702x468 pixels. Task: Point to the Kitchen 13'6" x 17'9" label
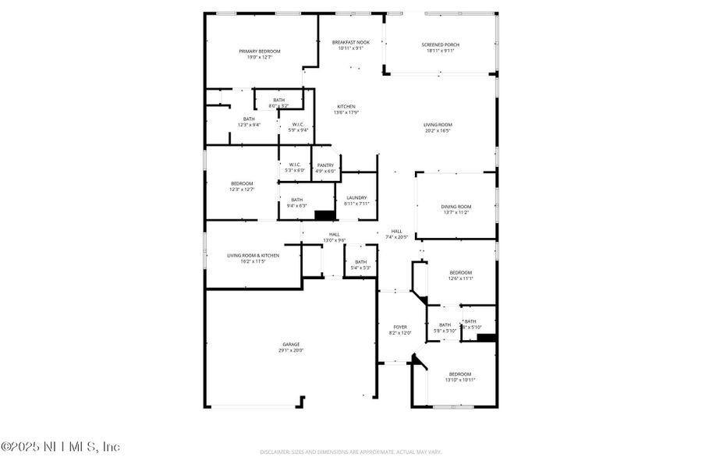click(x=346, y=109)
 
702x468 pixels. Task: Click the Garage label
click(x=290, y=347)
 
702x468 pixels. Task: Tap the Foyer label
click(x=400, y=330)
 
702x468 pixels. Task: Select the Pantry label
click(x=325, y=168)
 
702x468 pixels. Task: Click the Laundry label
click(x=356, y=200)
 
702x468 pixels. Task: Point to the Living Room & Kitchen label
click(x=253, y=258)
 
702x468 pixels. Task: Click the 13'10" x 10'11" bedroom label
click(x=460, y=377)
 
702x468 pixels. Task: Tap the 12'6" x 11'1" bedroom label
click(x=460, y=275)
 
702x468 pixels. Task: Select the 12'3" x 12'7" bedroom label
click(x=242, y=186)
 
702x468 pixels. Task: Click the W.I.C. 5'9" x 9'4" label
click(x=297, y=127)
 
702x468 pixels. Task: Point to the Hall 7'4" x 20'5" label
click(x=396, y=234)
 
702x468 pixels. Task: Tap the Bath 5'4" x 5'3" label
click(x=360, y=264)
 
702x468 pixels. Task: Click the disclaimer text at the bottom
click(x=350, y=452)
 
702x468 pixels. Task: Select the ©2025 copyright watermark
click(x=61, y=447)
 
